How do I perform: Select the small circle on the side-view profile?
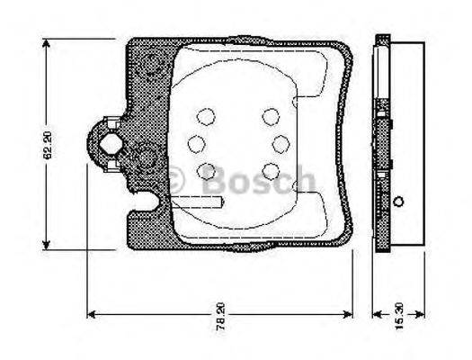[x=400, y=200]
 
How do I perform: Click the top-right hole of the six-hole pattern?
[x=271, y=115]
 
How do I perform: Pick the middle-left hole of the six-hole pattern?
[x=197, y=143]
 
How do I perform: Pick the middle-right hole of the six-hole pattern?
[x=280, y=142]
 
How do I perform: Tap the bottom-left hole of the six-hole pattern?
[x=207, y=169]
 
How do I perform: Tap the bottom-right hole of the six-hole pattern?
[x=271, y=169]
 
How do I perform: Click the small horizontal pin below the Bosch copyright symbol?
[x=203, y=203]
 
